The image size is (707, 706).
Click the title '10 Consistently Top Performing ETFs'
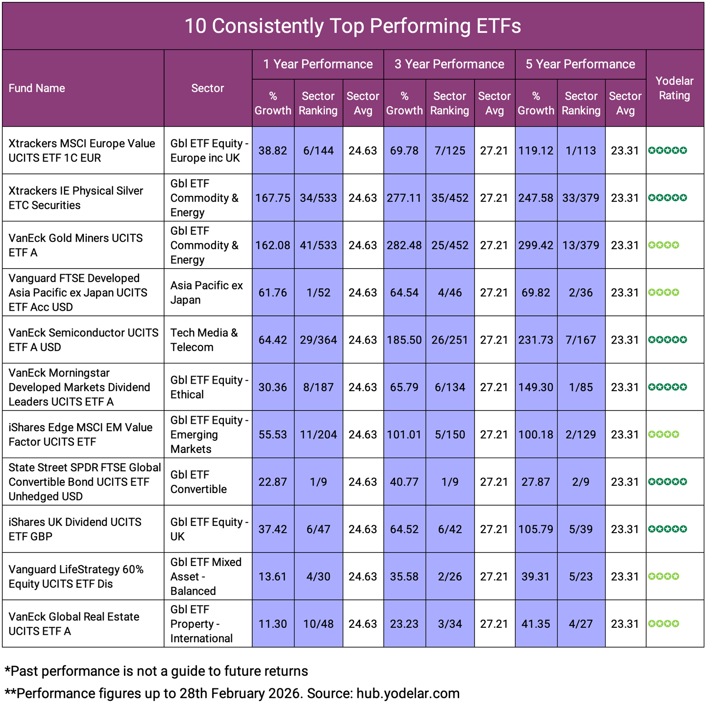pyautogui.click(x=353, y=26)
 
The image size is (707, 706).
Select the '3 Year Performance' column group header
pyautogui.click(x=449, y=64)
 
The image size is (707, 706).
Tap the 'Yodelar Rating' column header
pyautogui.click(x=674, y=88)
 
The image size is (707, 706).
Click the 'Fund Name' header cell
pyautogui.click(x=37, y=88)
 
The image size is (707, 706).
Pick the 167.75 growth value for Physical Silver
pyautogui.click(x=273, y=198)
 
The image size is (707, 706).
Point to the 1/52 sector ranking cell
pyautogui.click(x=318, y=293)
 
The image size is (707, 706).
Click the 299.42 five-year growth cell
pyautogui.click(x=536, y=246)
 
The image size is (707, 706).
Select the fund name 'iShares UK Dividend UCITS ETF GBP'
pyautogui.click(x=75, y=529)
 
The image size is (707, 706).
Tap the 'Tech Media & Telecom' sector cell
pyautogui.click(x=204, y=340)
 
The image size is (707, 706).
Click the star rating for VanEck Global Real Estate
pyautogui.click(x=664, y=624)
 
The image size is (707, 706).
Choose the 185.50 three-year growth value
pyautogui.click(x=404, y=340)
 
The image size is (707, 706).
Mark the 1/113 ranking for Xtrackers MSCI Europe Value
pyautogui.click(x=581, y=151)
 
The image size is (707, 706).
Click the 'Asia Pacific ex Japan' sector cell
pyautogui.click(x=206, y=293)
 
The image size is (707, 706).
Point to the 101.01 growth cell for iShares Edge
pyautogui.click(x=404, y=435)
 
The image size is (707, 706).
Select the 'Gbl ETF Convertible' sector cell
pyautogui.click(x=198, y=482)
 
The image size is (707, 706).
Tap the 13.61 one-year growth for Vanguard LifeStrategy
pyautogui.click(x=273, y=576)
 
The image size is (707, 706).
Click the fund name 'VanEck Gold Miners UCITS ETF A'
pyautogui.click(x=75, y=245)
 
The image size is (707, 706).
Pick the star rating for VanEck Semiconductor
pyautogui.click(x=667, y=340)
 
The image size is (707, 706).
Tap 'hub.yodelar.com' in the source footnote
pyautogui.click(x=408, y=693)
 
